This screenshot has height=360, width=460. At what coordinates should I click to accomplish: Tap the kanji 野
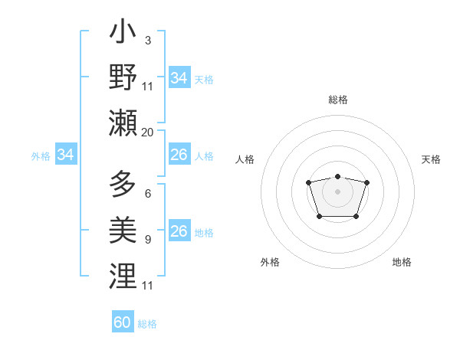[x=123, y=78]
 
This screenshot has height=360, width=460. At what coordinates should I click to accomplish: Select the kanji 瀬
[x=123, y=123]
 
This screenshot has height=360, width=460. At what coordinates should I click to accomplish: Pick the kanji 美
[x=123, y=230]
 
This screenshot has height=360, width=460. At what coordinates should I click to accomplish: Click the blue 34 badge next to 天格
[x=179, y=78]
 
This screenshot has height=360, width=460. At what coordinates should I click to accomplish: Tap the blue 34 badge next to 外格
[x=65, y=155]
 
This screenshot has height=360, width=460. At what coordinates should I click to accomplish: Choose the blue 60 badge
[x=122, y=322]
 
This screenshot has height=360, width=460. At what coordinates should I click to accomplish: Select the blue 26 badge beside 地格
[x=179, y=231]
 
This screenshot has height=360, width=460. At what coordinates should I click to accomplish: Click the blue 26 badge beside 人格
[x=179, y=155]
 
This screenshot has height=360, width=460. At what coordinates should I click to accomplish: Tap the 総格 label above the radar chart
[x=337, y=100]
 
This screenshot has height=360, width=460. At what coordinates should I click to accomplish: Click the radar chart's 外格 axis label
[x=270, y=262]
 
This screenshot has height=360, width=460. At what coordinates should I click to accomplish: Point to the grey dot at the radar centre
[x=337, y=191]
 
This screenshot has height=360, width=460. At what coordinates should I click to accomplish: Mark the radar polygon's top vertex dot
[x=337, y=177]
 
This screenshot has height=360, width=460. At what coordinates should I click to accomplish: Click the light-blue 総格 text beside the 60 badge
[x=147, y=324]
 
